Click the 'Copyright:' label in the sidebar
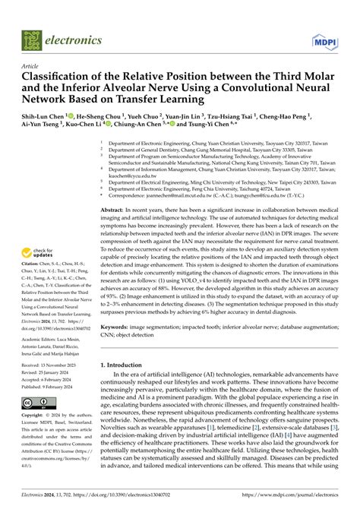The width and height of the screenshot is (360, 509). pyautogui.click(x=33, y=438)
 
